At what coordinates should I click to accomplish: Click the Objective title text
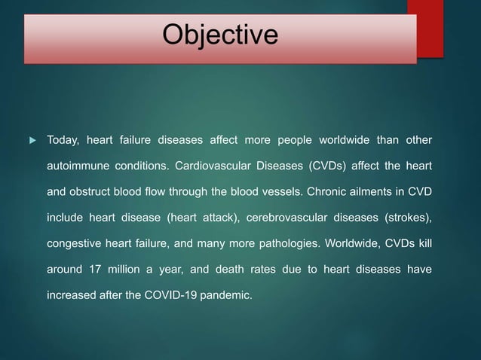click(x=221, y=35)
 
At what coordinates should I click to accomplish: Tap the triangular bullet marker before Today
click(x=30, y=140)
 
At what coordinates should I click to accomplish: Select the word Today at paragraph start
click(x=63, y=140)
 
